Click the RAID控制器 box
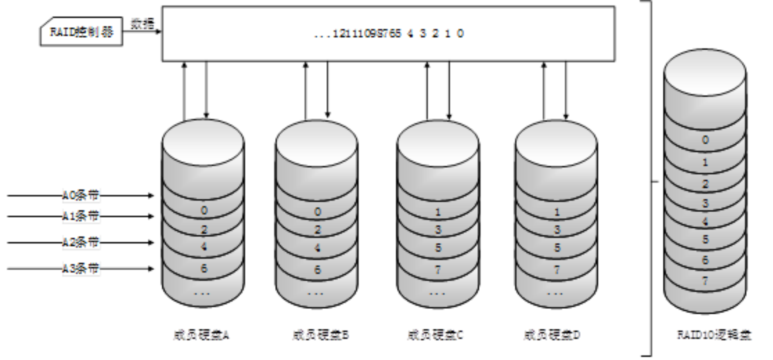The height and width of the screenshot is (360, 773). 81,32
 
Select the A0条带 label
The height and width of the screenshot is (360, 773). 81,196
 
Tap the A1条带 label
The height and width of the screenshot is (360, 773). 81,216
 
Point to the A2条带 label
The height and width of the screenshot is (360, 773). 81,243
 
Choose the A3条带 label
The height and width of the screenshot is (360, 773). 81,269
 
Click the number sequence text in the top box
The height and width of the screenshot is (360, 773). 389,34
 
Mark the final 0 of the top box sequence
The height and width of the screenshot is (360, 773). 460,34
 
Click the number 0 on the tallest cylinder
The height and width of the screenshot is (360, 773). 705,140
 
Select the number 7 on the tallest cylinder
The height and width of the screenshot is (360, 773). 705,281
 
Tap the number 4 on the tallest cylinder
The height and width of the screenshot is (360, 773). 705,222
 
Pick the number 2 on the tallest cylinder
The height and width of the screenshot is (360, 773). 705,184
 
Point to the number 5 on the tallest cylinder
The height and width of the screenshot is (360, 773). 705,240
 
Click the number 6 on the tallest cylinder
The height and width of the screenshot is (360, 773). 705,260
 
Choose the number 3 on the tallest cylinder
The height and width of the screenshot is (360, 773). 705,204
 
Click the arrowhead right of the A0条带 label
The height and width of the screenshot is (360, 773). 152,196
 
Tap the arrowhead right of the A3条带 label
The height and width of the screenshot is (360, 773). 152,269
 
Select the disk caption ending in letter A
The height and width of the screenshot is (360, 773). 201,335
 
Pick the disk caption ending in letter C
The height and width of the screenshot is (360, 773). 436,335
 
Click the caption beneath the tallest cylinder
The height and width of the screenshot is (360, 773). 714,335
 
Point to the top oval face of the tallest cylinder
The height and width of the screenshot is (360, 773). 705,72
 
